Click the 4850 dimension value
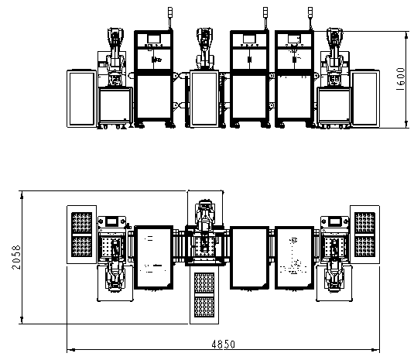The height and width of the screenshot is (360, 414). coord(223,345)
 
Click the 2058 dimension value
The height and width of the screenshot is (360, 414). coord(16,257)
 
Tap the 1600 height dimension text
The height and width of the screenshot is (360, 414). coord(400,79)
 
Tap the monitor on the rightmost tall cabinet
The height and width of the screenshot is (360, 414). coord(293,39)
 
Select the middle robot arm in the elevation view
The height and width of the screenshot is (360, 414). coord(204,48)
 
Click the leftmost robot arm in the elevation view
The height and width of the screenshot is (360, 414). coord(115,56)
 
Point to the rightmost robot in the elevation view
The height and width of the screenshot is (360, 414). coord(335,56)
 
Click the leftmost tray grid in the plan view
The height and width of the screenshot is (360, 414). coord(81,235)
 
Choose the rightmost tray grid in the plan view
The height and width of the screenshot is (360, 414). coord(364,235)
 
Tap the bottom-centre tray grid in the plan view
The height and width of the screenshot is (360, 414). coord(204,295)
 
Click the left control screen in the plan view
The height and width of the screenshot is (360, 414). coord(112,221)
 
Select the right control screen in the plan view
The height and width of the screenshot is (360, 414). coord(335,221)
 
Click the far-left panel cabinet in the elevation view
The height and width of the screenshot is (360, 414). coord(81,98)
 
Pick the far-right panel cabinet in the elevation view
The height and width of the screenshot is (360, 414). coord(365,98)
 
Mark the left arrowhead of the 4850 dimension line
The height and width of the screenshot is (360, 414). coord(70,350)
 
